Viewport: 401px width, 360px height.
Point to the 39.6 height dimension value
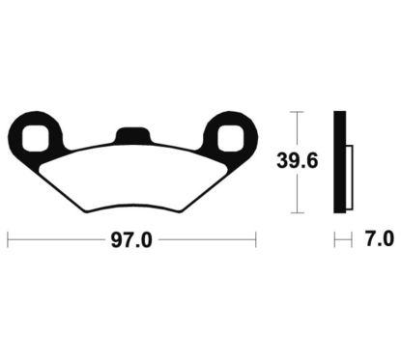[299, 161]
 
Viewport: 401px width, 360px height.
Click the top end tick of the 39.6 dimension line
[298, 112]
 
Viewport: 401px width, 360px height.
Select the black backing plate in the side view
[338, 162]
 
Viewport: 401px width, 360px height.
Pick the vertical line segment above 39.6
[298, 130]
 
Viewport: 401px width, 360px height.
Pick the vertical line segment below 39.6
[298, 193]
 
